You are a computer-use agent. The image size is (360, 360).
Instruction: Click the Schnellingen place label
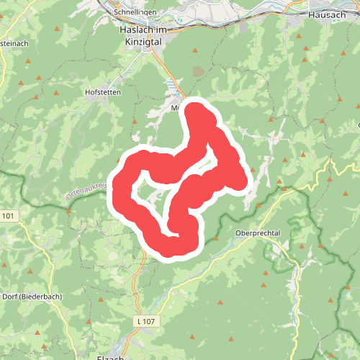[141, 13]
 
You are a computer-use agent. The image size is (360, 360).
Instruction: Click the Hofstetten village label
[102, 92]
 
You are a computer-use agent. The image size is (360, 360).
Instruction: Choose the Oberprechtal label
[256, 233]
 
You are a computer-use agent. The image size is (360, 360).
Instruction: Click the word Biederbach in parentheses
[42, 297]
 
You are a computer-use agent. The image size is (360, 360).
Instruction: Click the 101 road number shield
[8, 215]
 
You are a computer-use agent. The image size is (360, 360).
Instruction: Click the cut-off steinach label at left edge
[14, 43]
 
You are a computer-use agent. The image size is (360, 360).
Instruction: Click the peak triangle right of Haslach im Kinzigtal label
[194, 49]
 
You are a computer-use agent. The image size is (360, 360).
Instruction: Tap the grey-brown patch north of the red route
[198, 71]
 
